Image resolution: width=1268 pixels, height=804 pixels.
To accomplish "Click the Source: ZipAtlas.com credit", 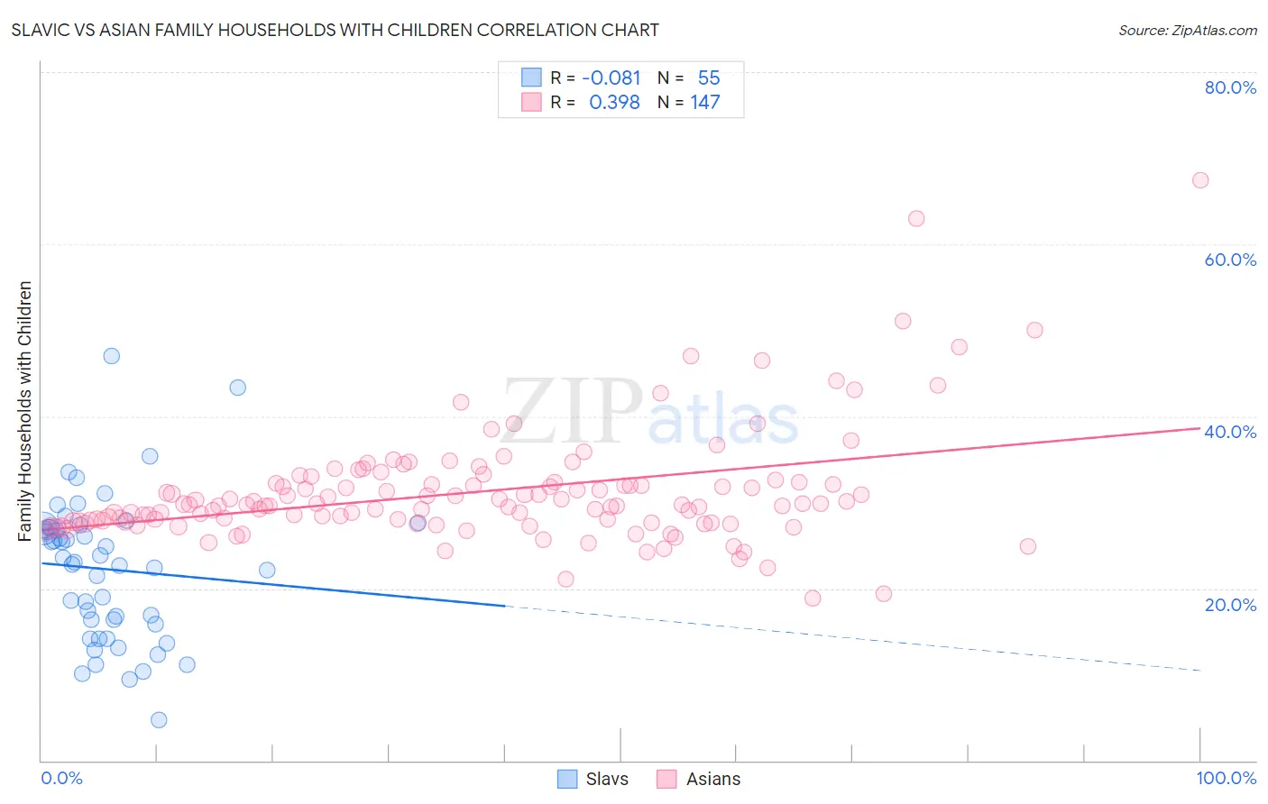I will [1187, 30].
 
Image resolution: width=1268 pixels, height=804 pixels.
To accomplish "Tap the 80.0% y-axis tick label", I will [1230, 87].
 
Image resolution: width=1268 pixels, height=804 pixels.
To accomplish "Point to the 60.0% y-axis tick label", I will [1230, 260].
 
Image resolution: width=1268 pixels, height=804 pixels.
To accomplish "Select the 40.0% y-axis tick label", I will [1230, 432].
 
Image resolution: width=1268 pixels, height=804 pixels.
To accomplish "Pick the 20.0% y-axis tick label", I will [1230, 605].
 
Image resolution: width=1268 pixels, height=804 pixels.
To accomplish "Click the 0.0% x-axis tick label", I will [61, 778].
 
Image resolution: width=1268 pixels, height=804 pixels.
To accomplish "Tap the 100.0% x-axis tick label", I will [1226, 778].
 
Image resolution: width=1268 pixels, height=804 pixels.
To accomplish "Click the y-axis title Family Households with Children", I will [24, 411].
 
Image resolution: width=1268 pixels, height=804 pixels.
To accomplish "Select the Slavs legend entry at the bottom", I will [593, 779].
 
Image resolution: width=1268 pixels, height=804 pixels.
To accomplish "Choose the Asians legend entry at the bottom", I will [698, 779].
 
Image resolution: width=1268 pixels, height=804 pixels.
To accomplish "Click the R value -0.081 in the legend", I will [611, 78].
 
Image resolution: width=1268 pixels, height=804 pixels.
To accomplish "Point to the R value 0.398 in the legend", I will [614, 103].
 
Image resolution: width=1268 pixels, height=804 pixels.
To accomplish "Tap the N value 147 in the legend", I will [705, 103].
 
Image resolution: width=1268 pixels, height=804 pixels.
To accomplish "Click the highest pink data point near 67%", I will [1199, 180].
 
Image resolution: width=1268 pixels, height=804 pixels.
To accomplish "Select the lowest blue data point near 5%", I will [159, 719].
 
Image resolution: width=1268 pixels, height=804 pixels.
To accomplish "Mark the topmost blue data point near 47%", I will [111, 356].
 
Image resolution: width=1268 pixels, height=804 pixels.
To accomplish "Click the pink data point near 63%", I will [916, 218].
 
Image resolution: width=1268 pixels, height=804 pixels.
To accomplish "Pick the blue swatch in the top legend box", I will [531, 78].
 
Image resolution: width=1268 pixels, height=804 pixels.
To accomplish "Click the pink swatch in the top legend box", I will [531, 102].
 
